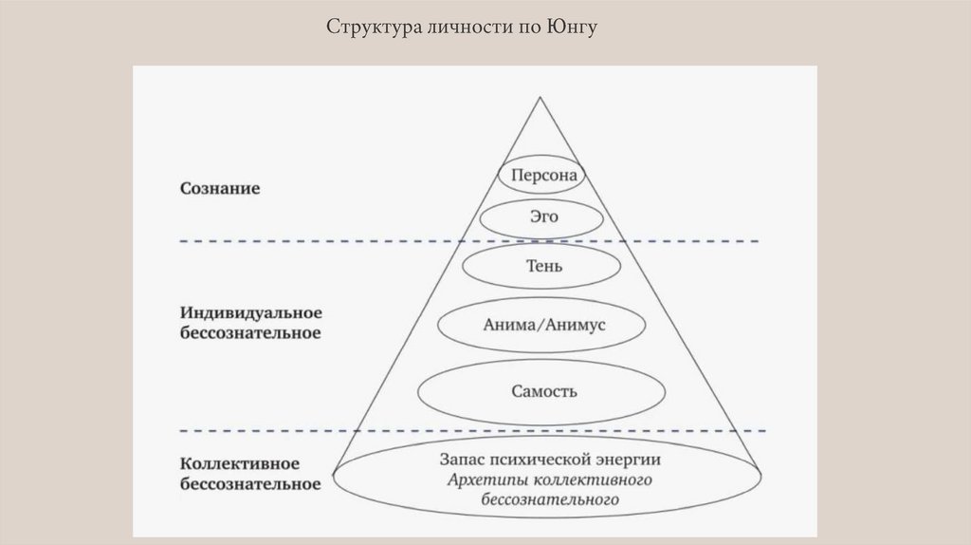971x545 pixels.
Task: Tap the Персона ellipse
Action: (541, 176)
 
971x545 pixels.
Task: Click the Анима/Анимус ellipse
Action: (542, 325)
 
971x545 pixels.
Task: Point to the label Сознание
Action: (220, 188)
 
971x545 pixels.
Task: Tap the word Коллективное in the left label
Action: (239, 464)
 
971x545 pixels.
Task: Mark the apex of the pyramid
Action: (541, 97)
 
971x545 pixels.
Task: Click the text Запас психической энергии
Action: (550, 460)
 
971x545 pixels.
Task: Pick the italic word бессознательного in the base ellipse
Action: (550, 498)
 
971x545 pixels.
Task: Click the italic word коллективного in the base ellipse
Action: (590, 479)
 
